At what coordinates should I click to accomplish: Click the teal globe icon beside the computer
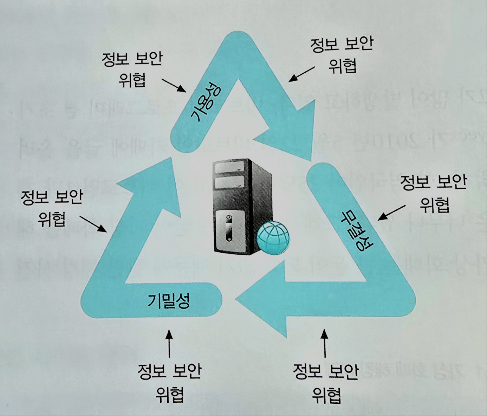click(x=273, y=237)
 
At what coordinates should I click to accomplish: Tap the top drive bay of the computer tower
click(x=230, y=168)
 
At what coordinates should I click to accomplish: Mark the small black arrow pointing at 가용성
click(x=174, y=85)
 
